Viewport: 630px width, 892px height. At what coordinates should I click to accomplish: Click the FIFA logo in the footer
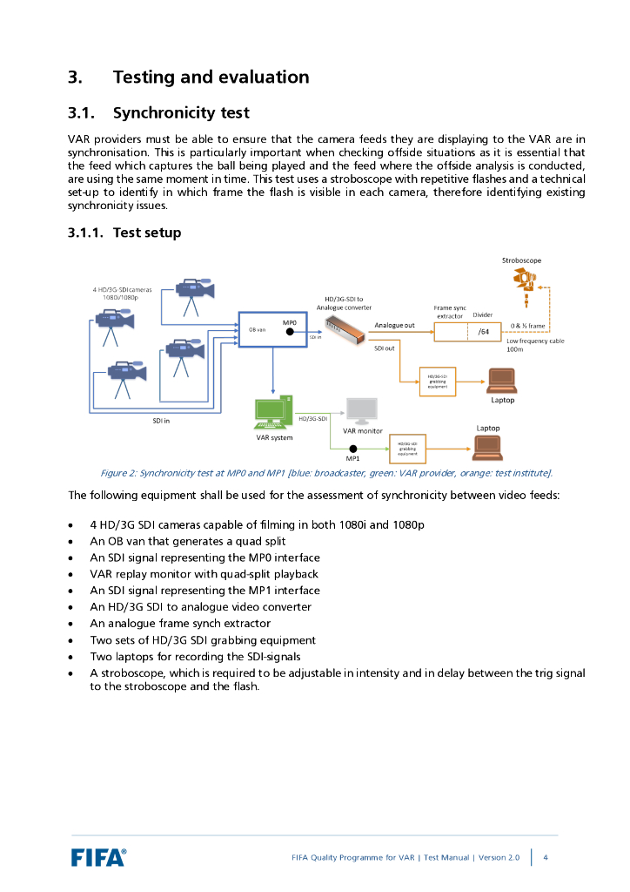tap(98, 857)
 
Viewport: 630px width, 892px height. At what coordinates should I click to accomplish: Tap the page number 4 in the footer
tap(546, 857)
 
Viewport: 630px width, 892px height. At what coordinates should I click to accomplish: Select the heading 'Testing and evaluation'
tap(211, 78)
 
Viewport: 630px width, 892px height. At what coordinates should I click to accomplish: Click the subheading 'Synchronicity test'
tap(193, 113)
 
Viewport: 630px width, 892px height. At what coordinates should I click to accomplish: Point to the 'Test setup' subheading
tap(147, 233)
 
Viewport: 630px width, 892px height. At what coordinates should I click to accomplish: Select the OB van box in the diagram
tap(273, 330)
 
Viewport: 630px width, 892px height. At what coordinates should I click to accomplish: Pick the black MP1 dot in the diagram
tap(353, 449)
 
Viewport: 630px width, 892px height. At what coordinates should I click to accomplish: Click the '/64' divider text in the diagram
tap(484, 332)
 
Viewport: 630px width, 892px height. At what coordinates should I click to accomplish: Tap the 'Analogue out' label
tap(394, 325)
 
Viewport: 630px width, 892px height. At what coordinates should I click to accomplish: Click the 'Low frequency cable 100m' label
tap(534, 345)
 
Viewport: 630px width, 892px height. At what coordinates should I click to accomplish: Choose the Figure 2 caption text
tap(326, 473)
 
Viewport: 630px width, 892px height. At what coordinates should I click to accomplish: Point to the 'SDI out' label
tap(384, 348)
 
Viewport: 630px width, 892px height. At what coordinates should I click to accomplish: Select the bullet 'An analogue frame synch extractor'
tap(180, 624)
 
